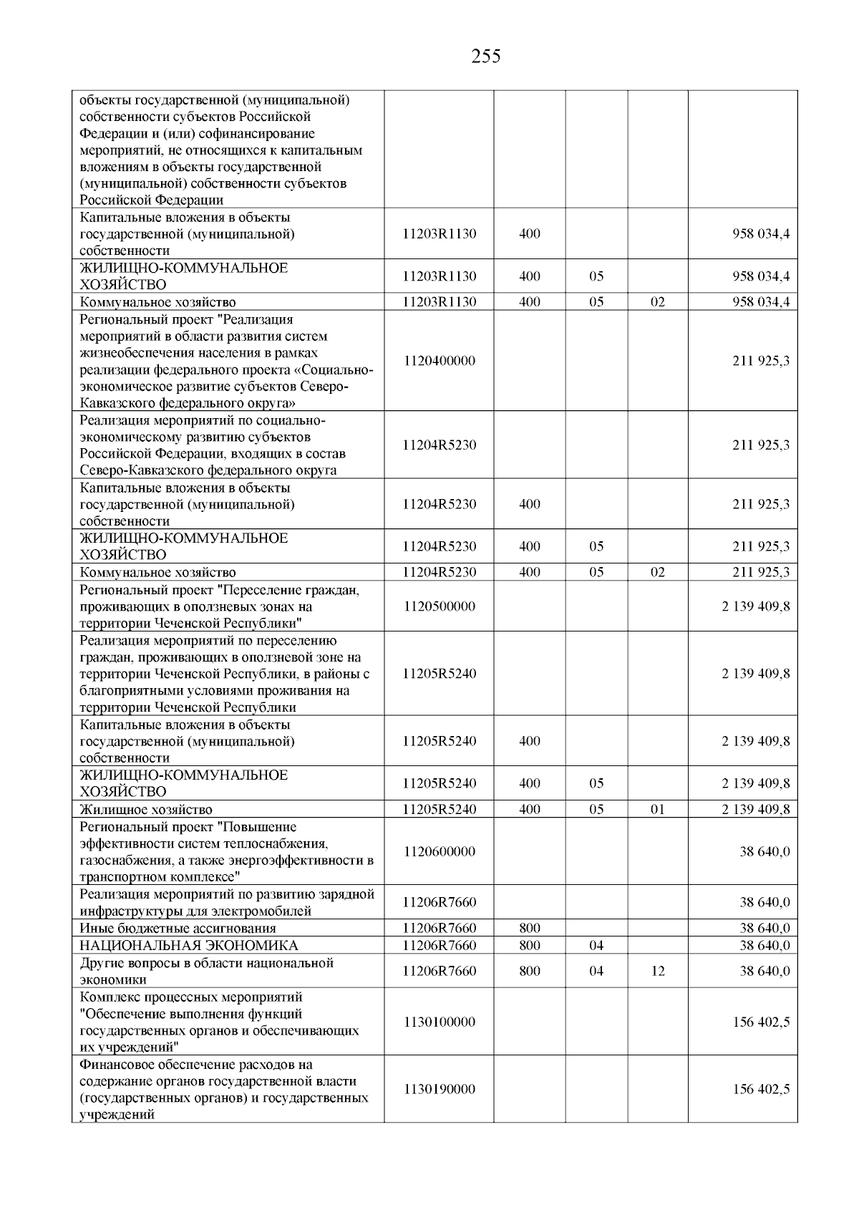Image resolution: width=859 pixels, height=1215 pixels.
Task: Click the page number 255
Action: [x=486, y=56]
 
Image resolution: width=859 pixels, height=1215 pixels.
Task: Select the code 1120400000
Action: [x=439, y=361]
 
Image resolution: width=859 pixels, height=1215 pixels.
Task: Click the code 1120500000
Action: [x=439, y=606]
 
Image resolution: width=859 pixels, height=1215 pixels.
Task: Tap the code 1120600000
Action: [x=439, y=851]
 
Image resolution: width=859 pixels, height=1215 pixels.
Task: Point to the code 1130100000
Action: [x=439, y=1022]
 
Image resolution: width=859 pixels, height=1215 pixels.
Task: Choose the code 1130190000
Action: [x=439, y=1089]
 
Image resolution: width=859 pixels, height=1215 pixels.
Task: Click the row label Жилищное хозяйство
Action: [x=146, y=810]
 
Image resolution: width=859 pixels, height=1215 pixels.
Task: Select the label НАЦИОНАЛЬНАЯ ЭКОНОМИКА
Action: [x=189, y=945]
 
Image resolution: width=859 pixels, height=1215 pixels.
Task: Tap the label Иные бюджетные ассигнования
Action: [x=168, y=929]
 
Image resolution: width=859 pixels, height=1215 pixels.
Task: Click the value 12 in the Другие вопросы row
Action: [x=658, y=971]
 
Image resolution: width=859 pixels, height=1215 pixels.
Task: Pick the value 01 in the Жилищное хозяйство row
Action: [x=658, y=809]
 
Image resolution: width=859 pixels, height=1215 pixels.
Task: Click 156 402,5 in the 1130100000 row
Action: [x=761, y=1022]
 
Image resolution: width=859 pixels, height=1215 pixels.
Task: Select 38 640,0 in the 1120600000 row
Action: [x=765, y=851]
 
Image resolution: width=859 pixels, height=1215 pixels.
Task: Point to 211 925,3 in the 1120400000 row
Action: [x=761, y=361]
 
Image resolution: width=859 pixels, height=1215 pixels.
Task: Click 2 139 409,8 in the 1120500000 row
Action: [x=756, y=606]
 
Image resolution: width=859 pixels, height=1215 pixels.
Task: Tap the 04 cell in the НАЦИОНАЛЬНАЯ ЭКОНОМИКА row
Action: [x=596, y=945]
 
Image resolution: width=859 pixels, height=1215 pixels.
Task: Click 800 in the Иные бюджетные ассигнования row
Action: [x=530, y=929]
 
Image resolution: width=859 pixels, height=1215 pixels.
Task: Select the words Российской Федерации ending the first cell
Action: [x=152, y=200]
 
